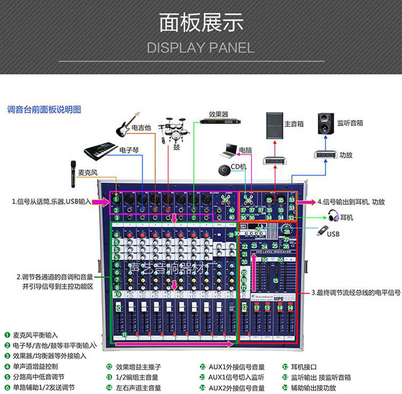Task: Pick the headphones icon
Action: pos(333,216)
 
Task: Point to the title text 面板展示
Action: pos(201,24)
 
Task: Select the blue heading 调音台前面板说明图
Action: pos(44,109)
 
